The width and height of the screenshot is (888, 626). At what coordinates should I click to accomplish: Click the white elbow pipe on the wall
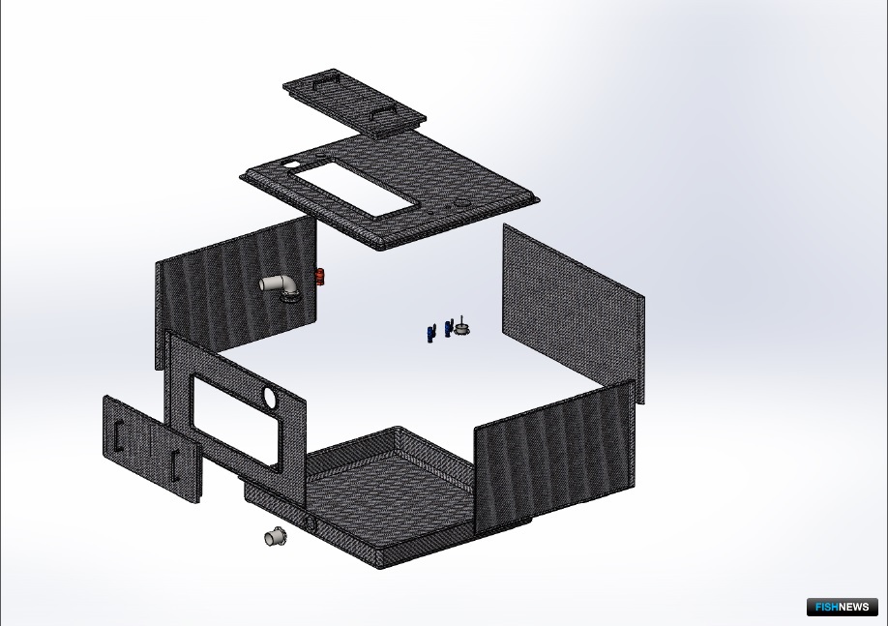tap(279, 284)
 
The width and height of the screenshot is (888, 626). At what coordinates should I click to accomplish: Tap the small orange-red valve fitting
tap(320, 277)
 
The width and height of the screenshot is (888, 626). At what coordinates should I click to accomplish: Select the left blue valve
tap(430, 333)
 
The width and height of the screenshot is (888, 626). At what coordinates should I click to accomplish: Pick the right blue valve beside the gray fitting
tap(449, 328)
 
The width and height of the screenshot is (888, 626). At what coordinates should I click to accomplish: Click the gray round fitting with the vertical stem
tap(462, 328)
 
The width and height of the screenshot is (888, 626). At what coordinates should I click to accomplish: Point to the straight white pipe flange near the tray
tap(276, 535)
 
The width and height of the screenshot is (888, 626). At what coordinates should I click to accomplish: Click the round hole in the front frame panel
tap(270, 397)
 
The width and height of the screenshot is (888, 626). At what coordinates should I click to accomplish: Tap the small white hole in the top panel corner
tap(290, 164)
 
